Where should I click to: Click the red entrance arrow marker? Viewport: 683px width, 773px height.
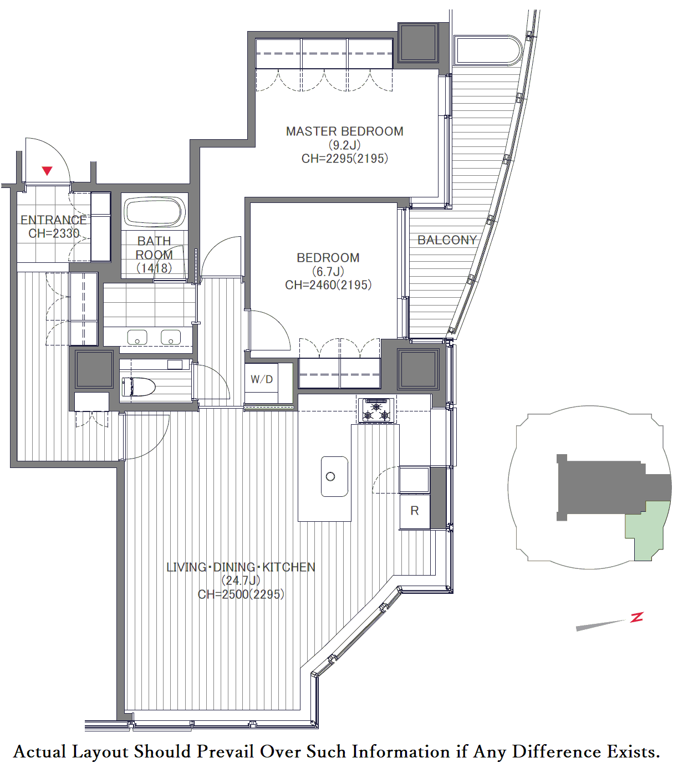pos(47,171)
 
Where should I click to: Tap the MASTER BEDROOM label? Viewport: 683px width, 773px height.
pos(345,131)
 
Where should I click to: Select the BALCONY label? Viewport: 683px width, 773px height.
pos(447,240)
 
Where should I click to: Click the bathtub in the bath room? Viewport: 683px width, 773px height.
pos(155,212)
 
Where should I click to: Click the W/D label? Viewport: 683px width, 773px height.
pos(262,379)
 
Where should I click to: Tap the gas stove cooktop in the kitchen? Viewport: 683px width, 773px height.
pos(376,410)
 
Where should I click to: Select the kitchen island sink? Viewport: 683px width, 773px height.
pos(335,476)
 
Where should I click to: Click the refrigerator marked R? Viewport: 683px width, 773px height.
pos(414,511)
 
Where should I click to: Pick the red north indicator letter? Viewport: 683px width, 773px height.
pos(636,617)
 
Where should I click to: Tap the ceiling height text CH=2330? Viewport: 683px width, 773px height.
pos(54,233)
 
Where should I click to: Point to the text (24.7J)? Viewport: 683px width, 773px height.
pos(241,581)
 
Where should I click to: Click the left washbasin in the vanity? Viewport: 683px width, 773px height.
pos(137,337)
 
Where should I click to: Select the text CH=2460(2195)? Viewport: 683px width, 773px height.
pos(328,284)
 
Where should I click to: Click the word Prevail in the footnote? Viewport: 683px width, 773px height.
pos(226,752)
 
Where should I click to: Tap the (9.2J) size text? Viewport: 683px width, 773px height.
pos(345,145)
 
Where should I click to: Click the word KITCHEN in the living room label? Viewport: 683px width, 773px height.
pos(289,567)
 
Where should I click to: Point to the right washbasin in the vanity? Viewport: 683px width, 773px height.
pos(171,337)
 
